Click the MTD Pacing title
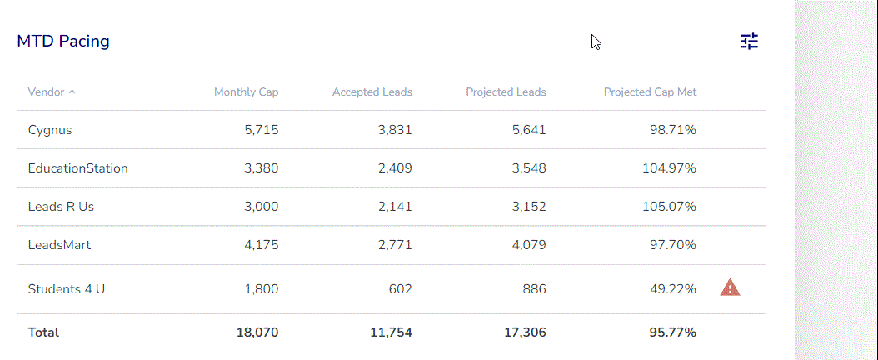point(63,41)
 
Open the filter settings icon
point(750,42)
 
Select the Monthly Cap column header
point(246,92)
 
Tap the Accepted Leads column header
point(372,92)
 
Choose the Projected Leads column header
point(506,92)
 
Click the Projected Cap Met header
point(650,92)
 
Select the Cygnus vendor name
point(50,130)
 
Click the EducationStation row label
point(78,168)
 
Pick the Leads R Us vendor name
point(61,207)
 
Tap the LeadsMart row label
point(59,245)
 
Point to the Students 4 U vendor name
point(67,289)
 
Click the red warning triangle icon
point(730,288)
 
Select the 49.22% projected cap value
point(672,289)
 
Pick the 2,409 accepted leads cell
point(395,168)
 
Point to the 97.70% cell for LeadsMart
point(672,245)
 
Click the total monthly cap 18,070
point(257,332)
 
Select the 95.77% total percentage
point(672,332)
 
